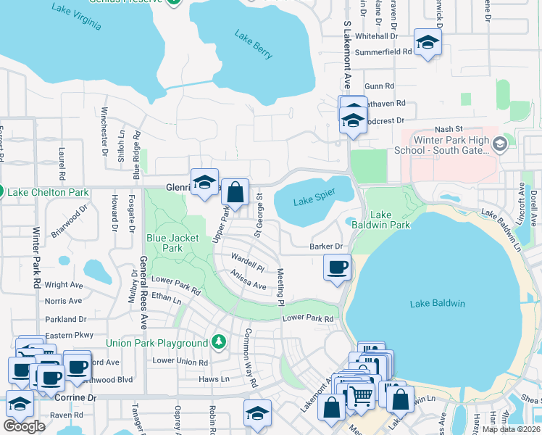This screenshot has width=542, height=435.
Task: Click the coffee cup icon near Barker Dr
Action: coord(337,267)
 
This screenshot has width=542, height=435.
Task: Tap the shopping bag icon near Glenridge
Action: coord(235,193)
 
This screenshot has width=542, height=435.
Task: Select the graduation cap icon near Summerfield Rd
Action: coord(428,43)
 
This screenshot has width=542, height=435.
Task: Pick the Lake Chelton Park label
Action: coord(48,192)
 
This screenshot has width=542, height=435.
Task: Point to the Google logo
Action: coord(24,426)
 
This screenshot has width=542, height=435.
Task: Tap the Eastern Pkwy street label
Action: coord(70,335)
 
